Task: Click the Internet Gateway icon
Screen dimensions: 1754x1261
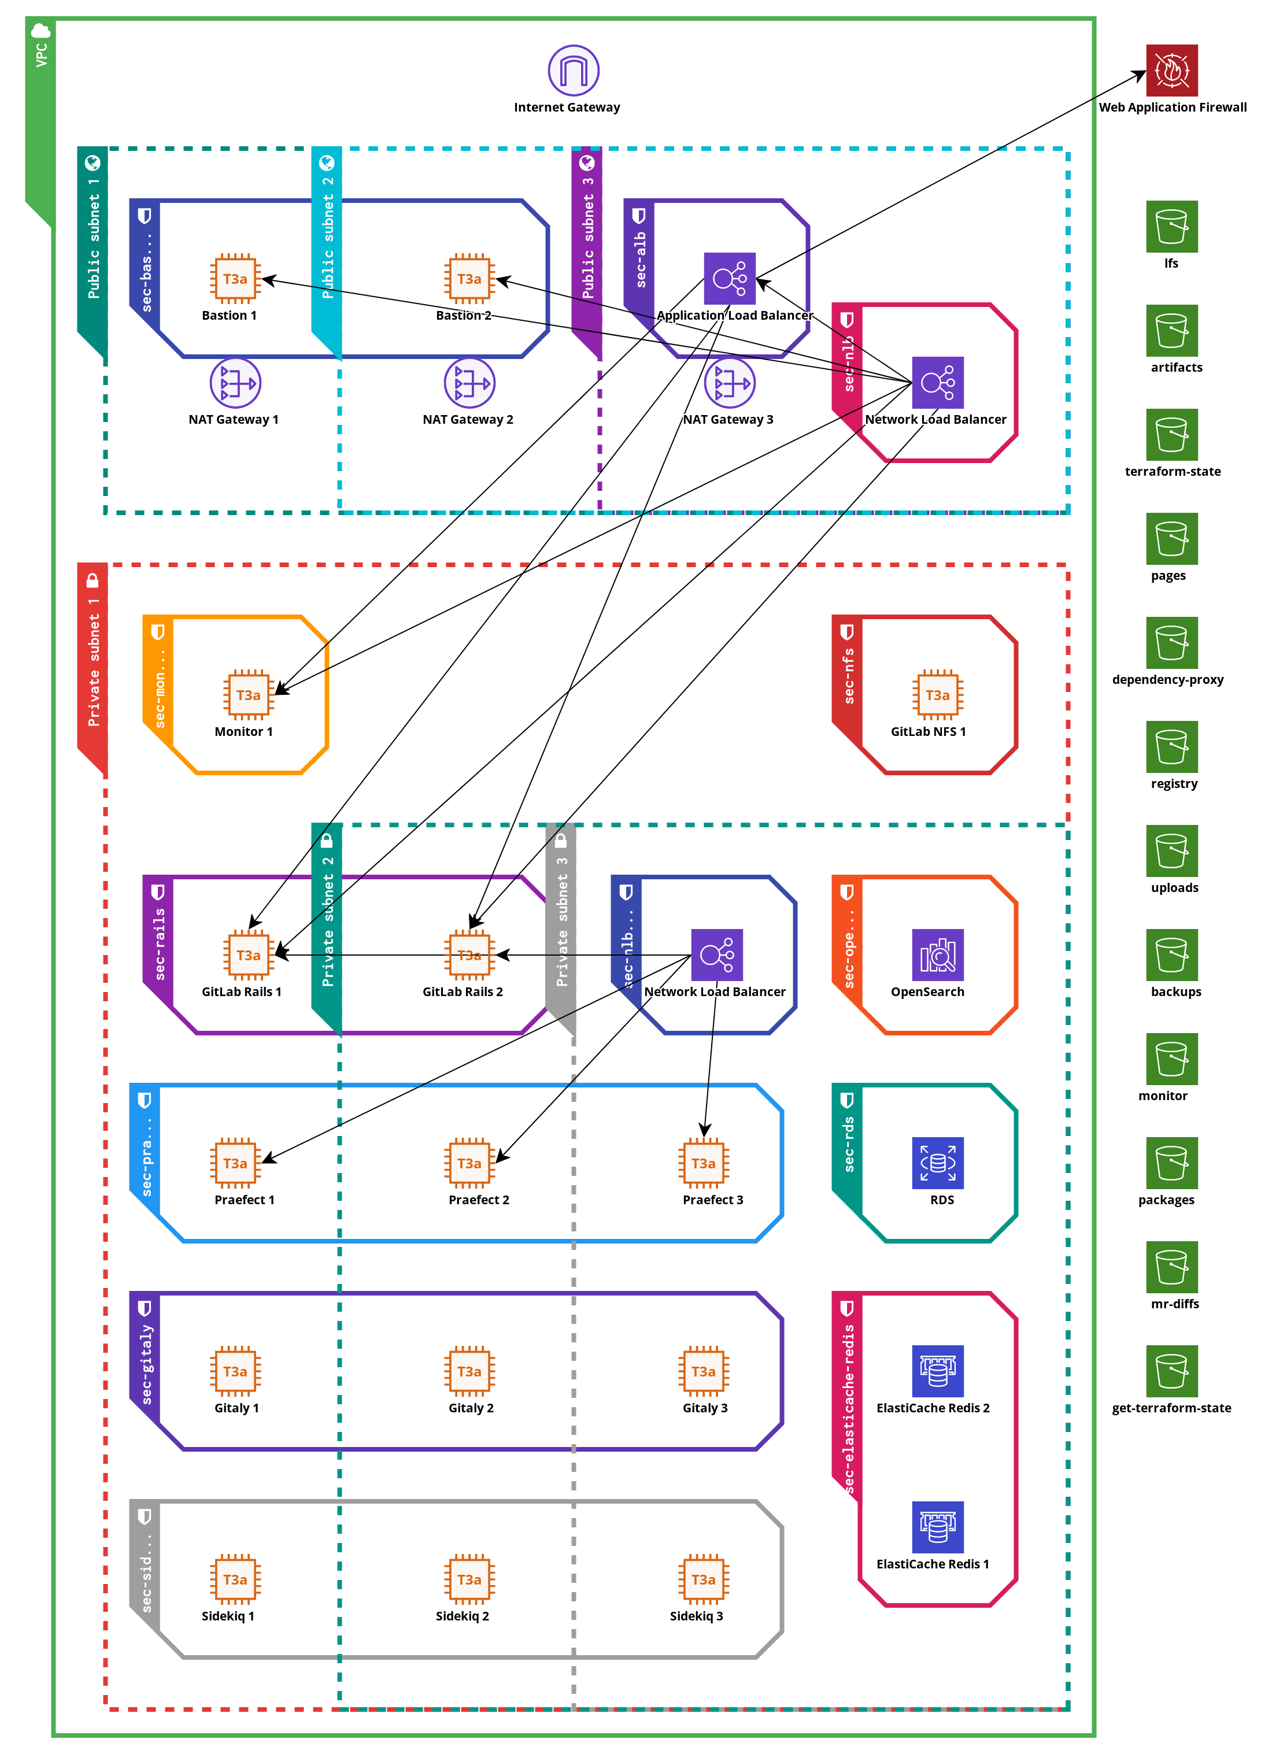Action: click(x=573, y=71)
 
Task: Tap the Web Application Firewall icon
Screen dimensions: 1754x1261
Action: click(x=1171, y=71)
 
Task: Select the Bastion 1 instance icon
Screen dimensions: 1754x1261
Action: click(x=235, y=279)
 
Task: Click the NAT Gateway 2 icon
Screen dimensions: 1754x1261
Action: click(x=469, y=383)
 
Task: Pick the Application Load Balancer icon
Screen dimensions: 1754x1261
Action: click(x=729, y=279)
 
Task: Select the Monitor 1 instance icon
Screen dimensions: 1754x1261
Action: click(x=249, y=694)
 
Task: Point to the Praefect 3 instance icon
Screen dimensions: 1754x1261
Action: click(x=703, y=1163)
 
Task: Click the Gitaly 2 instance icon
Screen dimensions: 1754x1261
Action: click(x=469, y=1370)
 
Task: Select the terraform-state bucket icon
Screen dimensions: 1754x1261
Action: click(x=1171, y=435)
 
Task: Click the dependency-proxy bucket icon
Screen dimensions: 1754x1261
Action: click(x=1171, y=643)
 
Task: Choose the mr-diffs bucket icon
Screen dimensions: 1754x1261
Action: click(x=1171, y=1266)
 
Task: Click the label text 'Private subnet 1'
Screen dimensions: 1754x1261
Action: click(x=94, y=662)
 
